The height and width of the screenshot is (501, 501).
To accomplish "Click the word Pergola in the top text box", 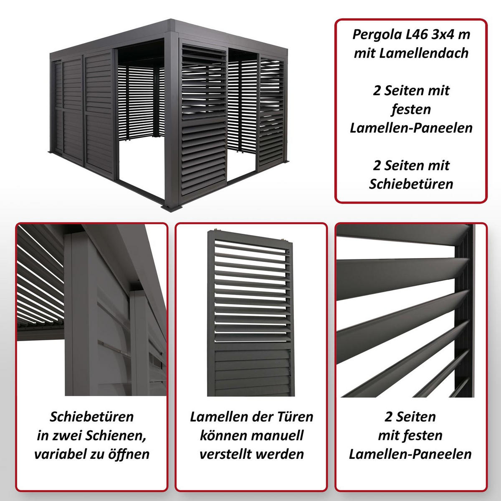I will tap(372, 34).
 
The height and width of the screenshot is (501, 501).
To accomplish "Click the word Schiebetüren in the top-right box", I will tap(411, 184).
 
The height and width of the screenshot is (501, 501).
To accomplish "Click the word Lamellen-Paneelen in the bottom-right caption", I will tap(411, 454).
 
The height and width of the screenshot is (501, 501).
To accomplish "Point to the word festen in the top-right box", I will tap(411, 109).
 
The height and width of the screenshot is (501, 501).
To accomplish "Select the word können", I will tap(220, 435).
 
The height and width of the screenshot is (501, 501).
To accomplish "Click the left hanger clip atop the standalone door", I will tap(216, 230).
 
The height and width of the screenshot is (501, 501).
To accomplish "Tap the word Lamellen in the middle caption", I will tap(216, 416).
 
